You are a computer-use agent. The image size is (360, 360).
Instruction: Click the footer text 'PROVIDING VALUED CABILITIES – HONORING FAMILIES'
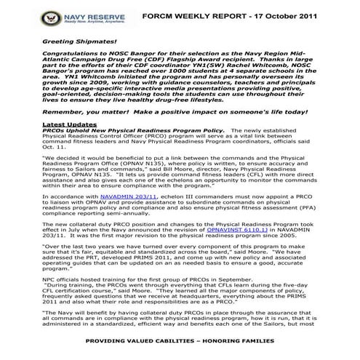tap(180, 341)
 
